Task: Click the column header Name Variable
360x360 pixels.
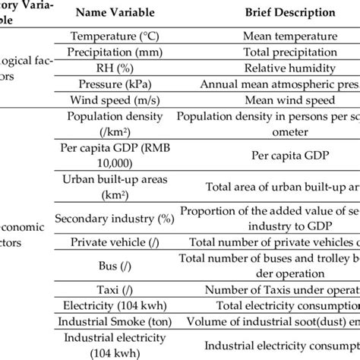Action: [x=115, y=13]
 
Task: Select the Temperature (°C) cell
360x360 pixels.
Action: [x=115, y=36]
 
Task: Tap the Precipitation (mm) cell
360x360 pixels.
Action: [x=115, y=52]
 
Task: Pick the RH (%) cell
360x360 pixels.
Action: [x=115, y=68]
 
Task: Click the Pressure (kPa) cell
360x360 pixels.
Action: [x=115, y=84]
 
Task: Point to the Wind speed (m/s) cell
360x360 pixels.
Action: [x=115, y=100]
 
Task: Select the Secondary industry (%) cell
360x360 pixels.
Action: [x=115, y=218]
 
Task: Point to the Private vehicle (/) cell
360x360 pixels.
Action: [x=115, y=242]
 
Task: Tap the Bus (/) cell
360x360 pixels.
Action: [x=115, y=266]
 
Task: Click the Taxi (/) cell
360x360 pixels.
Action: [x=115, y=289]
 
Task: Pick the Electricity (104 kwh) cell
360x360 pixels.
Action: [x=115, y=305]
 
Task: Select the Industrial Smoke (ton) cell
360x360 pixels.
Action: [x=115, y=321]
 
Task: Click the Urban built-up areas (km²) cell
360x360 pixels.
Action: [x=115, y=186]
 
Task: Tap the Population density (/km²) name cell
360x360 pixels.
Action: [x=115, y=123]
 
